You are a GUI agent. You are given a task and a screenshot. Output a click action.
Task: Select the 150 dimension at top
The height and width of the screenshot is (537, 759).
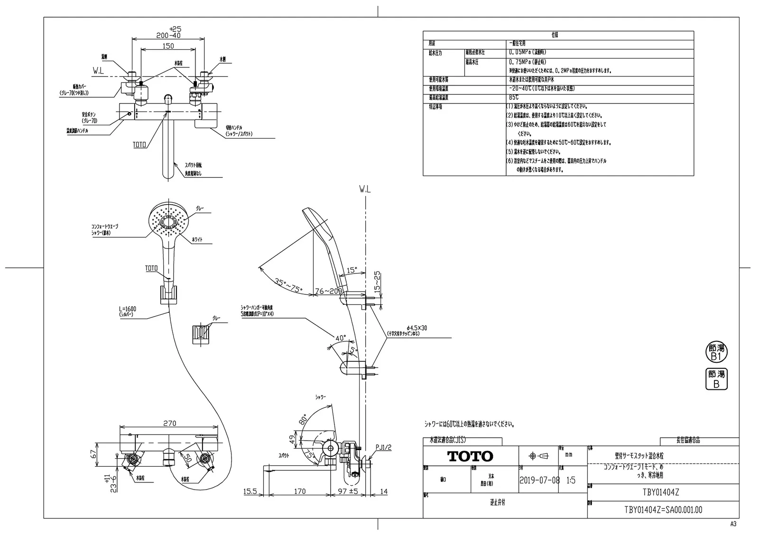click(x=168, y=46)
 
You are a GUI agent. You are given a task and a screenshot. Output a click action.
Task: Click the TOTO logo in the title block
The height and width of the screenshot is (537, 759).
click(x=471, y=456)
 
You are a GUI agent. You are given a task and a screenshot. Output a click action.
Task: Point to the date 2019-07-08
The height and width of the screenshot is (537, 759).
click(x=539, y=480)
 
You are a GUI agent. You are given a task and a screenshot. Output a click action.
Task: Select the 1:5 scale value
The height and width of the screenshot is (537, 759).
click(x=571, y=480)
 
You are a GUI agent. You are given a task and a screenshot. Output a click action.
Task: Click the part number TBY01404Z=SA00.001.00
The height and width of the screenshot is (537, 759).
click(x=663, y=510)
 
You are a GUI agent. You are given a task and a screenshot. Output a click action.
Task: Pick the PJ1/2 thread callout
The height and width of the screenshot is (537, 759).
click(x=383, y=447)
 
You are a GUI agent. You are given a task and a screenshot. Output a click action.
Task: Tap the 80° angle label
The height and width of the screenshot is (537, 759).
click(x=303, y=420)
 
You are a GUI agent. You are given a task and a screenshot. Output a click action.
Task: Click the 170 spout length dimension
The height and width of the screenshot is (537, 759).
click(x=300, y=491)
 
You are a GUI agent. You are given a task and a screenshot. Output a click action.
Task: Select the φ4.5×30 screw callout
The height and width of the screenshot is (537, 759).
click(x=417, y=328)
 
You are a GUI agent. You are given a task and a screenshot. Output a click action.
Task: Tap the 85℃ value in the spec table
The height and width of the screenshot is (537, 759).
click(x=514, y=97)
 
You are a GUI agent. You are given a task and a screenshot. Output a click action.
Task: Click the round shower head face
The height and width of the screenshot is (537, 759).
click(x=169, y=220)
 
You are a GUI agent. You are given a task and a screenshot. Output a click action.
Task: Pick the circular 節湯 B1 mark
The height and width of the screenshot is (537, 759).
click(x=716, y=352)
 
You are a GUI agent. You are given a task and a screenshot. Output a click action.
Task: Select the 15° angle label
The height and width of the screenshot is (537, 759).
click(x=352, y=270)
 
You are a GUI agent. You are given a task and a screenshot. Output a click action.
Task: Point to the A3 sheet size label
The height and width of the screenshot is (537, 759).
click(x=733, y=524)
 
